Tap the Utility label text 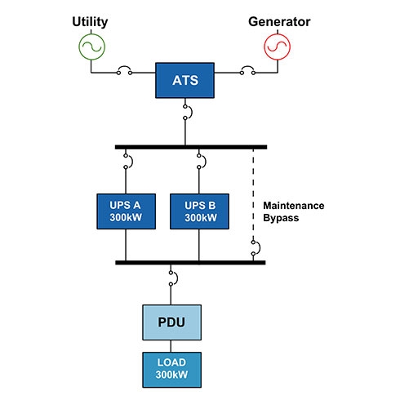coord(90,22)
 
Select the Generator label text coord(279,22)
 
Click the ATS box coord(184,80)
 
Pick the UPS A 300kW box coord(127,211)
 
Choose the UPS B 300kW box coord(199,211)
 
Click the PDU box coord(172,322)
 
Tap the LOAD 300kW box coord(172,370)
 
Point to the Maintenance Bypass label coord(294,211)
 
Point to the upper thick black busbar coord(191,147)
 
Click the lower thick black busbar coord(190,263)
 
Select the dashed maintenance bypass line coord(253,194)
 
